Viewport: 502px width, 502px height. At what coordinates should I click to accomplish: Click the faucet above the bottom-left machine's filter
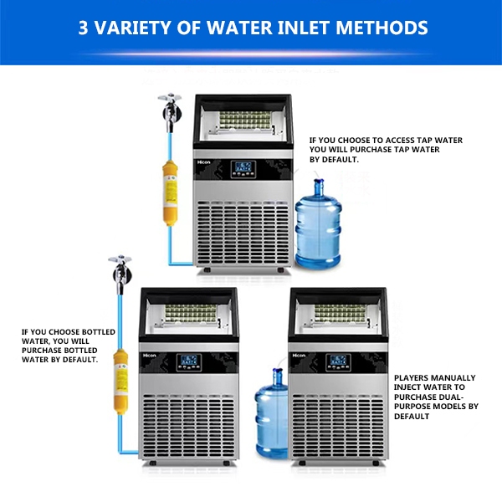[x=115, y=272]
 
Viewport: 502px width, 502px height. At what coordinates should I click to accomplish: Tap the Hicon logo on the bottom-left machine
[x=151, y=355]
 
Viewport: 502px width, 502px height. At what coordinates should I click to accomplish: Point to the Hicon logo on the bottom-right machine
[x=300, y=355]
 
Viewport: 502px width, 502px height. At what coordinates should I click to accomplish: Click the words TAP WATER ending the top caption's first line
[x=436, y=141]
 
